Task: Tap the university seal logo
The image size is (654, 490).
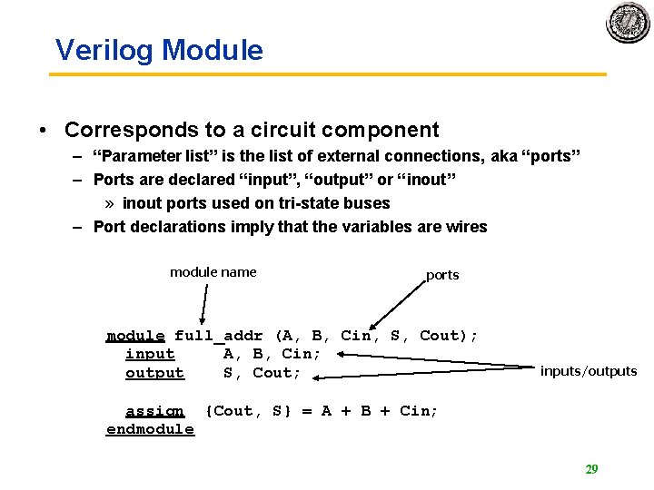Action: [628, 22]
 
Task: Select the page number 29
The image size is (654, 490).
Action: [591, 469]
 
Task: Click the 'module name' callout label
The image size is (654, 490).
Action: [213, 272]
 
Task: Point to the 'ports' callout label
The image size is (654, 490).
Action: [442, 275]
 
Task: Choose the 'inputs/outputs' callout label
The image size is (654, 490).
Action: [589, 371]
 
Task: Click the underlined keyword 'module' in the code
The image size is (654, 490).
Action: [135, 336]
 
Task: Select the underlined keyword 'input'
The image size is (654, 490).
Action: [150, 354]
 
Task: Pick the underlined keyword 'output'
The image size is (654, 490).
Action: [154, 373]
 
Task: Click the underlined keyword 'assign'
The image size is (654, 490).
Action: [154, 411]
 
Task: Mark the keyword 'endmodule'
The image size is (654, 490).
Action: [150, 429]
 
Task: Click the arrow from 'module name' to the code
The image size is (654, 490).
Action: [206, 305]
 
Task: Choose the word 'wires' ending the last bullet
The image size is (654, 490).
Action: [464, 227]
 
